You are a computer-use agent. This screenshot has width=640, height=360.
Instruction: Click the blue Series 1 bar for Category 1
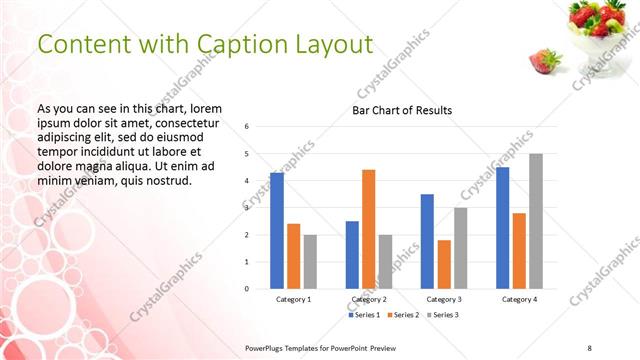tap(277, 231)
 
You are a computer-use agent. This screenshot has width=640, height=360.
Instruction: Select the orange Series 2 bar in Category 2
tap(368, 229)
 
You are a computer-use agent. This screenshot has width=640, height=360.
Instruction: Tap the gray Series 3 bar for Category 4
tap(536, 221)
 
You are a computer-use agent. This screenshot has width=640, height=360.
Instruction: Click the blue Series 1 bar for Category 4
tap(502, 228)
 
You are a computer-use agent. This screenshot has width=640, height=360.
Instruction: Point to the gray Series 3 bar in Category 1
tap(310, 262)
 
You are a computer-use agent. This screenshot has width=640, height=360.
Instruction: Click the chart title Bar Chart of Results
tap(402, 110)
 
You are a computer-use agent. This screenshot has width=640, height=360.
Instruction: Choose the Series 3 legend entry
tap(444, 315)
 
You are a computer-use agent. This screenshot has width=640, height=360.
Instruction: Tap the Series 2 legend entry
tap(405, 315)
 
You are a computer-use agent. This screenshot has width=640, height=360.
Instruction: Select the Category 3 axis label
tap(443, 299)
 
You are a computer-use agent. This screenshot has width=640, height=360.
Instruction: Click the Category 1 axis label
tap(293, 299)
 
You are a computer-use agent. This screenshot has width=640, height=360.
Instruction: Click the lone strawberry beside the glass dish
tap(545, 61)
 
